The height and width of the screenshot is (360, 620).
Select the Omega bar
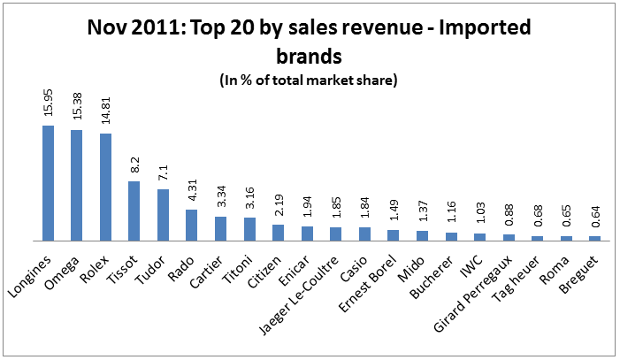click(x=77, y=185)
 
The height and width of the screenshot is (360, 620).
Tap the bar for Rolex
click(x=105, y=187)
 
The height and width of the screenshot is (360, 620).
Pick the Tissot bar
click(x=134, y=211)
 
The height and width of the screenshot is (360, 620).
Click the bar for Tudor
click(x=163, y=215)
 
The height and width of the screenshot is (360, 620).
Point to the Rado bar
click(x=191, y=225)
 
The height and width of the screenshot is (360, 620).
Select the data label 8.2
click(x=134, y=167)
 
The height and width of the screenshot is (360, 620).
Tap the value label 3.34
click(x=221, y=198)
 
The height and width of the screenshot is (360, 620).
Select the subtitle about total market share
click(x=309, y=79)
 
